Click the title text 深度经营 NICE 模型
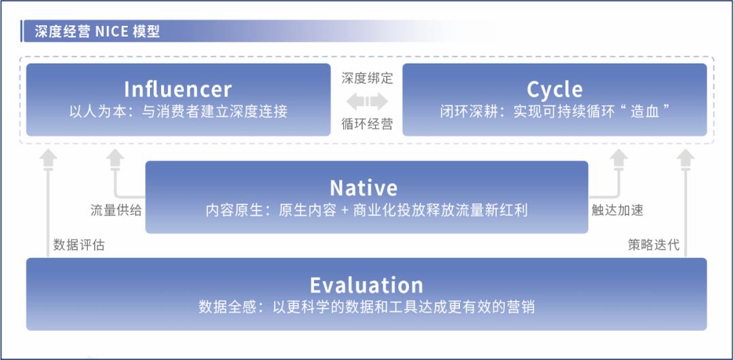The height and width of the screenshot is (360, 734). [97, 31]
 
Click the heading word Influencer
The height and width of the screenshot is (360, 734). [178, 90]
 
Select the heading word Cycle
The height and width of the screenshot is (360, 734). [555, 90]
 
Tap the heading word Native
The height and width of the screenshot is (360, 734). [364, 187]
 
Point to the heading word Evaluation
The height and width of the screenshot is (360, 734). [366, 285]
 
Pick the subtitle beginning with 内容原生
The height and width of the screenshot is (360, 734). [366, 210]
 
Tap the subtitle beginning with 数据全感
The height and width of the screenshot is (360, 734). [366, 307]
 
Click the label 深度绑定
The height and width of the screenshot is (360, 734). [367, 78]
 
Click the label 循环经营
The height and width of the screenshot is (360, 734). [367, 124]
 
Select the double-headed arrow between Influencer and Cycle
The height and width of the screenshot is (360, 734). [367, 101]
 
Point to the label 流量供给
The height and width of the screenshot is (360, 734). [116, 210]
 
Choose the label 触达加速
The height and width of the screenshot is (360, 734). [617, 210]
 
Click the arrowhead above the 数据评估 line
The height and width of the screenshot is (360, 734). [48, 158]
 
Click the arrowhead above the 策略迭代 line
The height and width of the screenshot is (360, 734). [686, 158]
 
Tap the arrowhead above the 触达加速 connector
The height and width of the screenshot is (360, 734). [618, 158]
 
